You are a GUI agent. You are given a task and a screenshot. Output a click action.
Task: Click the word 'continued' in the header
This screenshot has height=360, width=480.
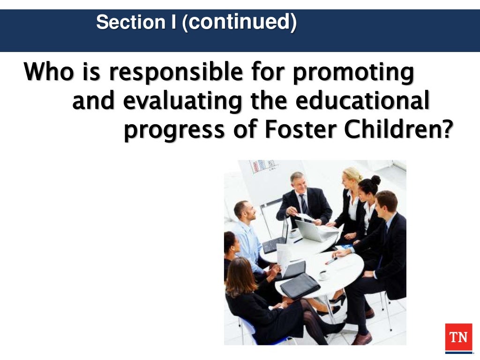tap(239, 22)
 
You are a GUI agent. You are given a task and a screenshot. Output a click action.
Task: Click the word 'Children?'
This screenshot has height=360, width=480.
tap(399, 130)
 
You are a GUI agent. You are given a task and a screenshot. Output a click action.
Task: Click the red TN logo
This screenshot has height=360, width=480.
tap(458, 337)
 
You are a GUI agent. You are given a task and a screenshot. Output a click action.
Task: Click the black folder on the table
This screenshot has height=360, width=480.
tap(300, 285)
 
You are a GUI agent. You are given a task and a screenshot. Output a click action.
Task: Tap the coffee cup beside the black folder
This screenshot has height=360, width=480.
tap(323, 275)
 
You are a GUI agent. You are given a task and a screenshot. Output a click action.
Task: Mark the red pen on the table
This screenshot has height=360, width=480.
tap(331, 261)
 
